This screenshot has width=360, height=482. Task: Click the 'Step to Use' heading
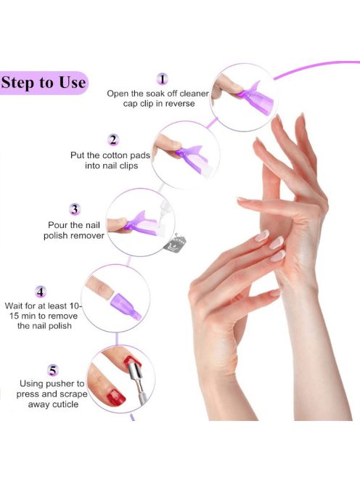pyautogui.click(x=43, y=83)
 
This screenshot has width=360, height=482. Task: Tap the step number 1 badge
pyautogui.click(x=163, y=79)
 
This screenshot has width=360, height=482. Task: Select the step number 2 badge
pyautogui.click(x=113, y=140)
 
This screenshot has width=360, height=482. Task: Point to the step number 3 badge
pyautogui.click(x=75, y=209)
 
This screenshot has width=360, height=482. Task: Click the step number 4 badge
pyautogui.click(x=41, y=291)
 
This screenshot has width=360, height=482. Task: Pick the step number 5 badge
pyautogui.click(x=53, y=370)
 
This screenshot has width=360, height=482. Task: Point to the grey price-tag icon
pyautogui.click(x=175, y=244)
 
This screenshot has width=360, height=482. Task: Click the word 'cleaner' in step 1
pyautogui.click(x=194, y=94)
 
